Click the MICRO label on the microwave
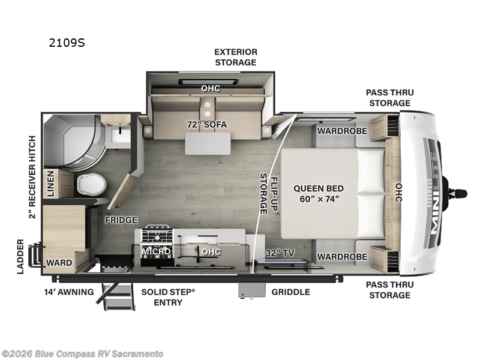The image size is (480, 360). (x=157, y=251)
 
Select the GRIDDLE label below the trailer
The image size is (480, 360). (x=290, y=292)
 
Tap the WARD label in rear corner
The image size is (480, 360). (x=59, y=263)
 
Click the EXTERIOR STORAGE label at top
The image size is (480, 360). (x=235, y=57)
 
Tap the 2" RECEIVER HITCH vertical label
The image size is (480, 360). (x=32, y=177)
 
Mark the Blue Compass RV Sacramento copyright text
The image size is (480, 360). (x=82, y=354)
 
